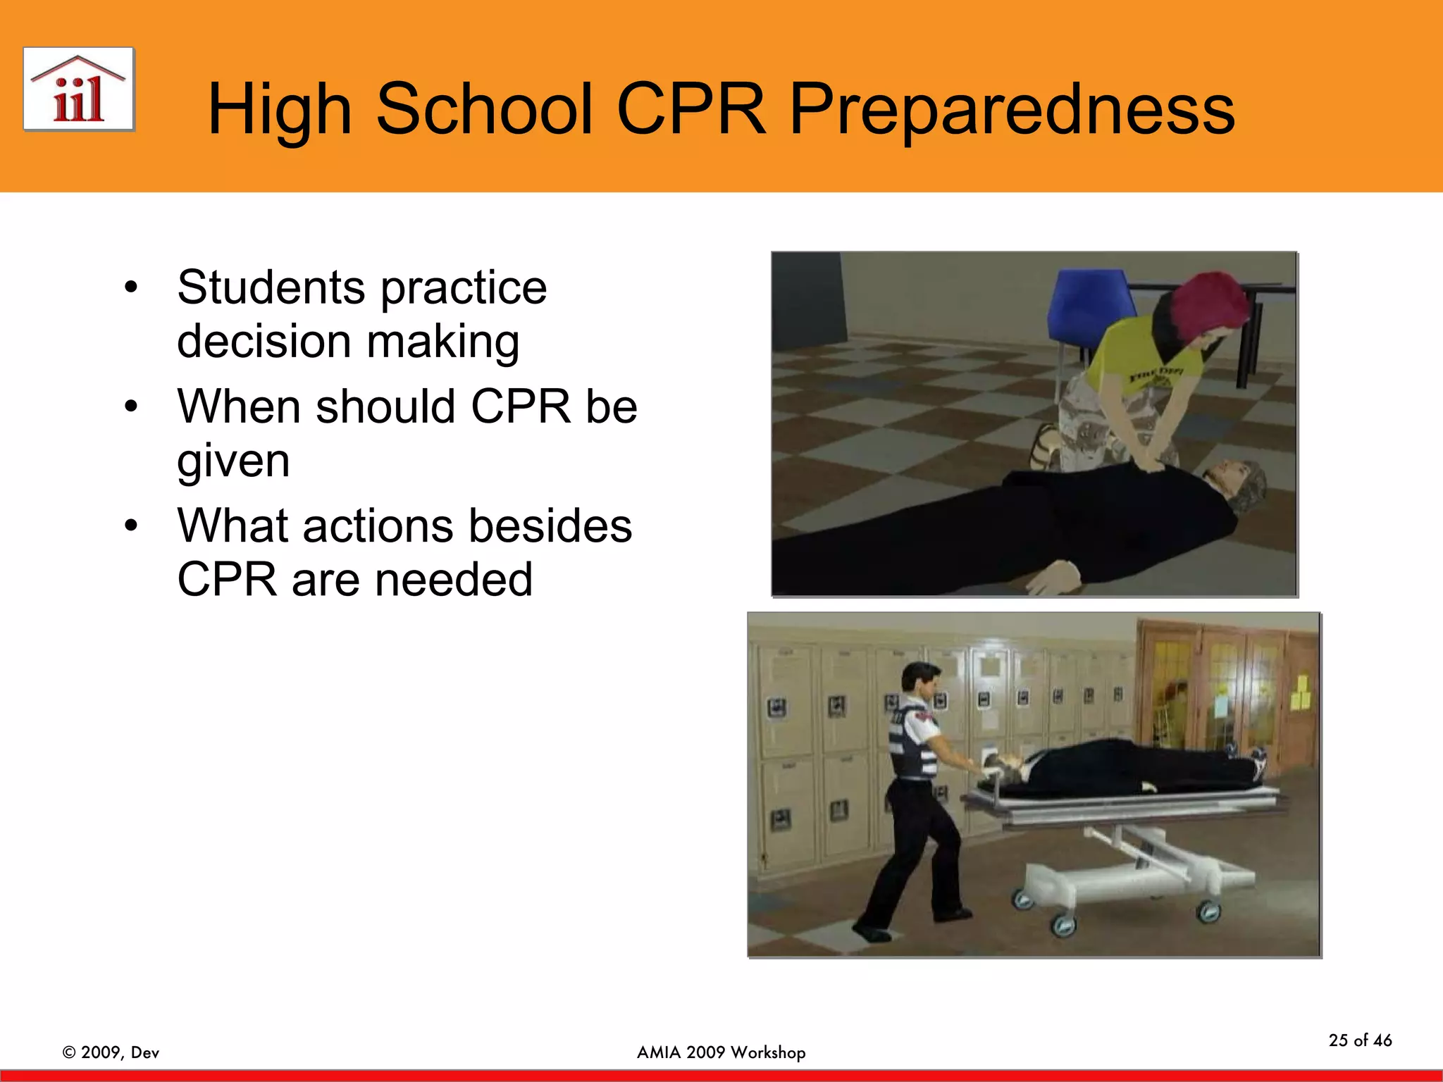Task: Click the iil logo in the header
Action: click(78, 89)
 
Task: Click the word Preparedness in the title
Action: click(1012, 109)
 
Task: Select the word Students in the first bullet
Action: click(271, 287)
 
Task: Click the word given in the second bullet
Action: click(233, 461)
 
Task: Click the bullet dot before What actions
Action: click(131, 526)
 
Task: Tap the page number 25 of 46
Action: click(1360, 1040)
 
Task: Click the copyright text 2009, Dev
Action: click(111, 1052)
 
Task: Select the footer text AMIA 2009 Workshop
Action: click(721, 1052)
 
